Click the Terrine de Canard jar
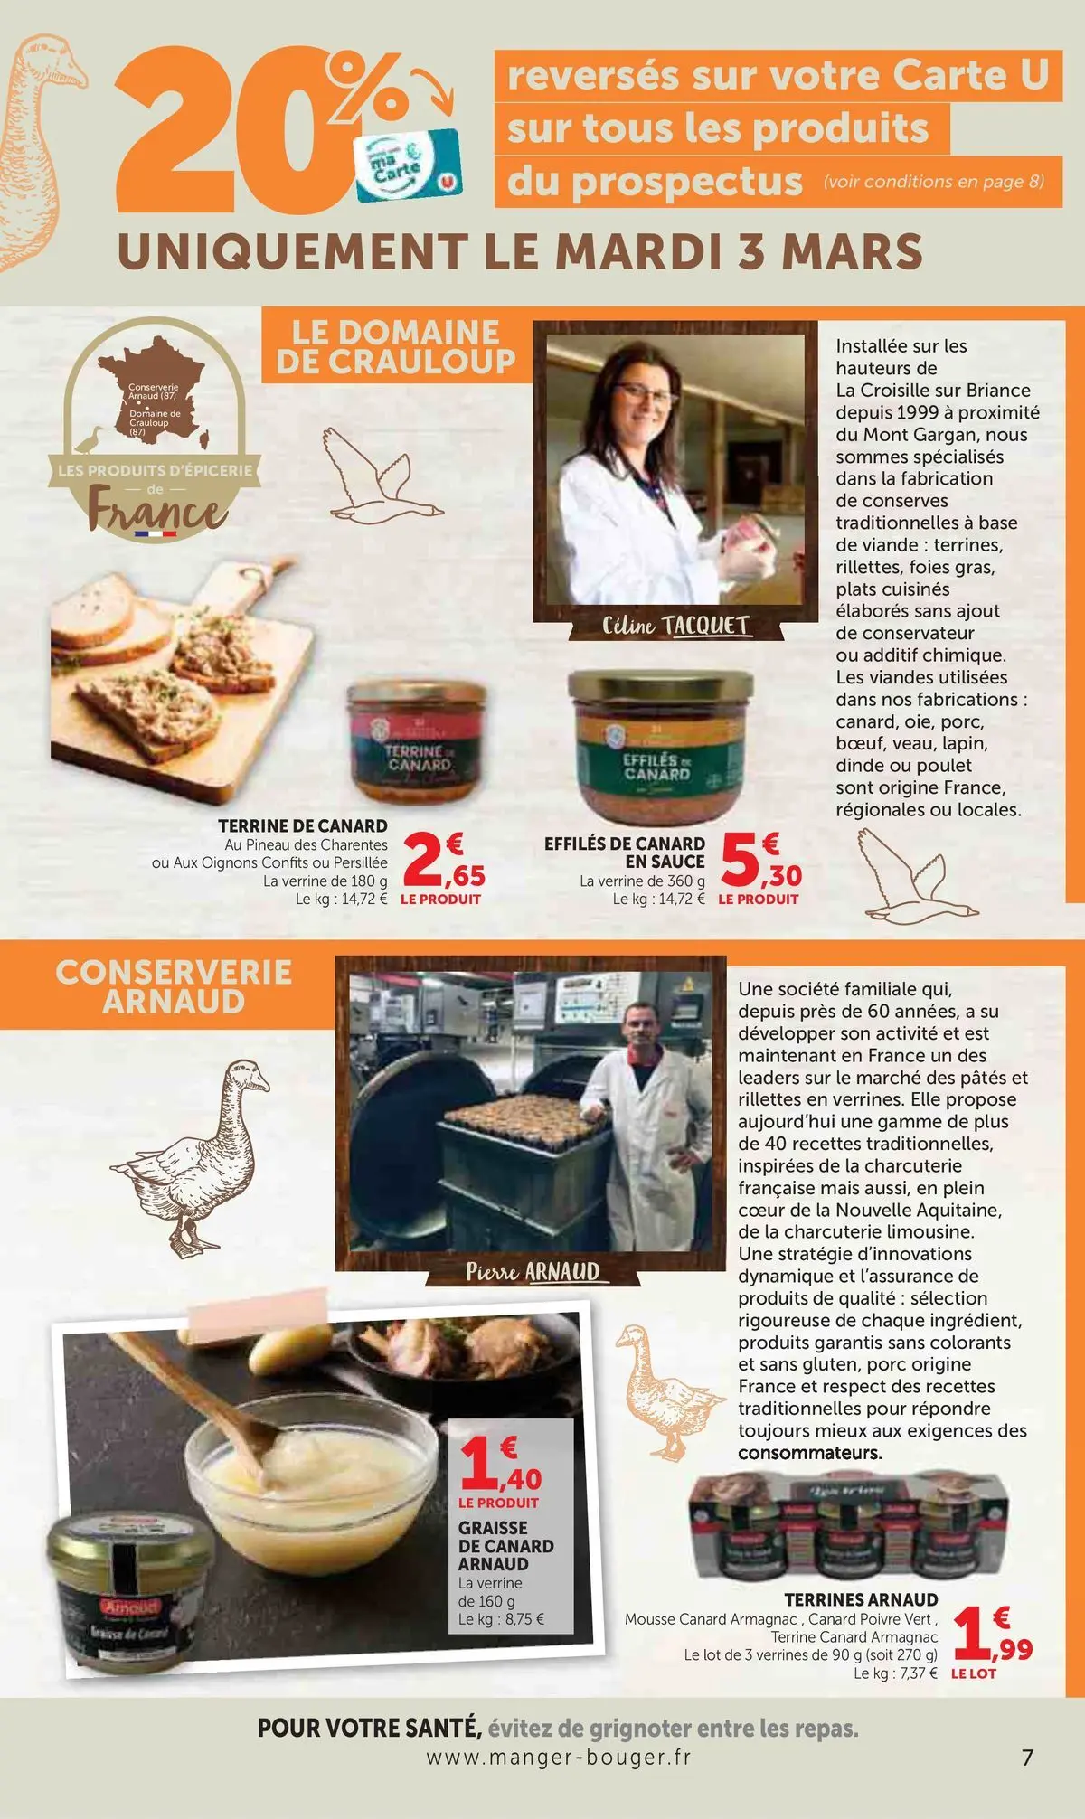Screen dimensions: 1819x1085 click(417, 741)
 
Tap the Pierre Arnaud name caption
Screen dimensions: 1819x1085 click(533, 1271)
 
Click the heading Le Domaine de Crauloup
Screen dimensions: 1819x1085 click(395, 346)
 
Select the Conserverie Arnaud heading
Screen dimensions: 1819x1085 click(174, 986)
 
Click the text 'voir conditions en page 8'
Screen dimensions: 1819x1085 click(933, 181)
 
